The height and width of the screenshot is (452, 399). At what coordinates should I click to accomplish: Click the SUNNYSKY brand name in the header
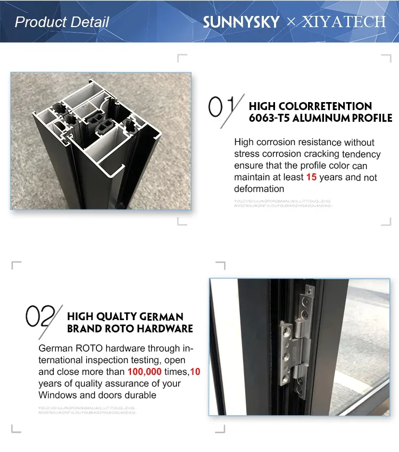tap(241, 22)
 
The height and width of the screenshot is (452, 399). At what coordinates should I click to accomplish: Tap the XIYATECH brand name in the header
tap(344, 22)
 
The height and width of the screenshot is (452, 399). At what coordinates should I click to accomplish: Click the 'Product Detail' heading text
tap(62, 22)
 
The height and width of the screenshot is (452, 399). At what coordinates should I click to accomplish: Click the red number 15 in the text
tap(311, 177)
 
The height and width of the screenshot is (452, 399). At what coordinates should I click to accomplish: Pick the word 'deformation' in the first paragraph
tap(259, 189)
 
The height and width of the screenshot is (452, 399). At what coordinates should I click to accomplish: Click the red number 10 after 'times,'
tap(195, 372)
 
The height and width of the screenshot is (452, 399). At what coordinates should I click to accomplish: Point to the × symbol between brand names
tap(290, 22)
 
